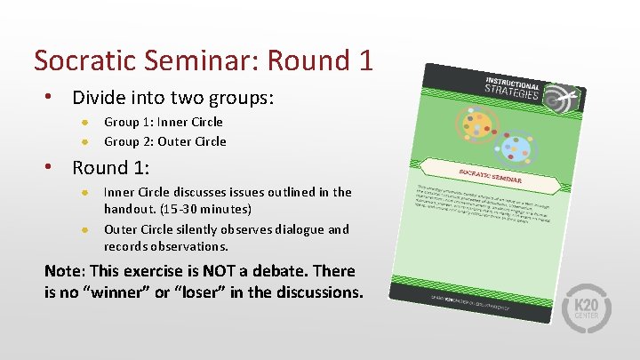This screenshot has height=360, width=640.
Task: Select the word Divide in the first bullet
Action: click(100, 97)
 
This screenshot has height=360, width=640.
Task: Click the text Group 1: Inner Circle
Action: click(164, 122)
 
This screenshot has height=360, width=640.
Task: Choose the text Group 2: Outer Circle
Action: click(165, 141)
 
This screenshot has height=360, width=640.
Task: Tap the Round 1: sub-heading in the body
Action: click(111, 167)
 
